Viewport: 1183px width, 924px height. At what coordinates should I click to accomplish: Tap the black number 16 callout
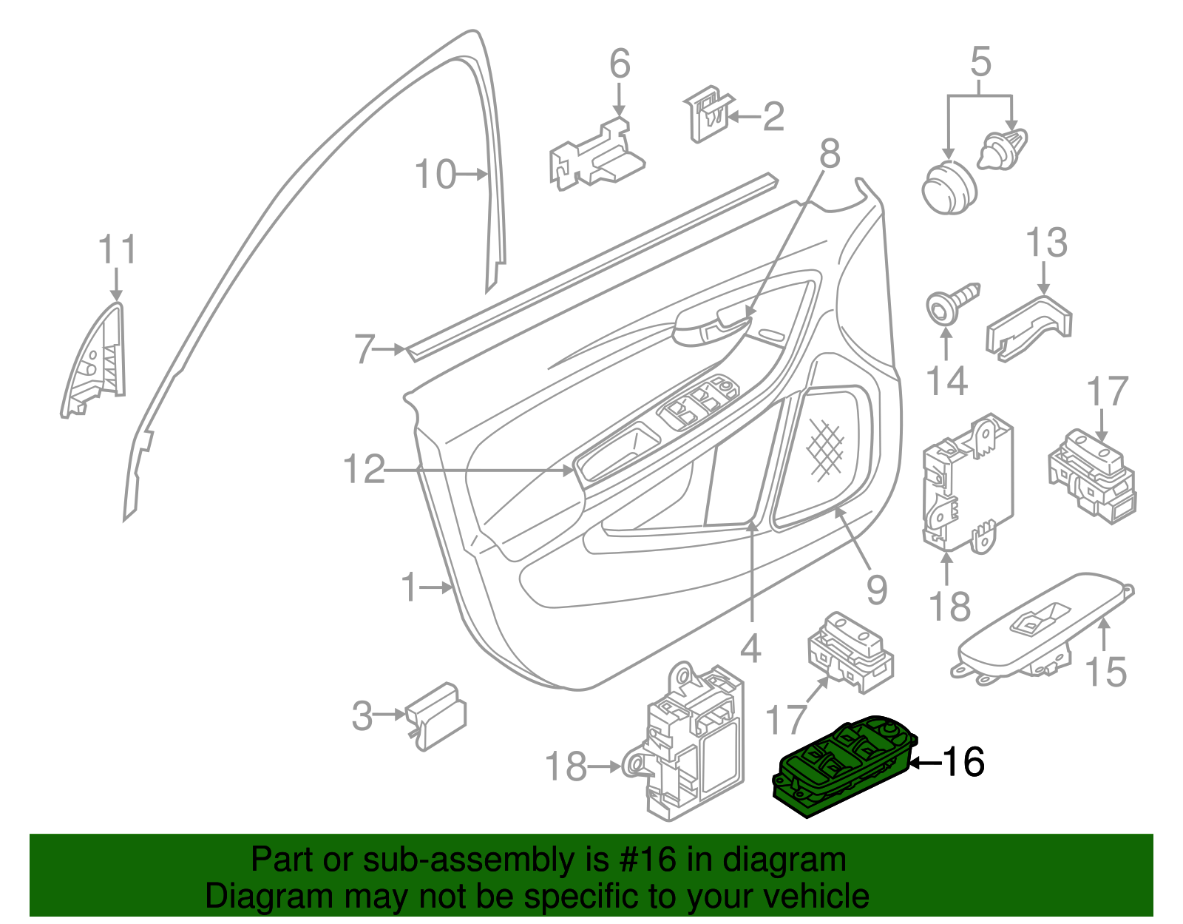963,762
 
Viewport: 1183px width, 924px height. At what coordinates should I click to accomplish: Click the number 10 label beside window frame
435,175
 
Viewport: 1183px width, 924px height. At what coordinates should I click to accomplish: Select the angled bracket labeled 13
1030,328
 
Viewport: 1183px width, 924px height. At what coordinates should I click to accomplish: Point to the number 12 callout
365,469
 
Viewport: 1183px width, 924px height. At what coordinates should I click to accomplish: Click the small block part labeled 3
438,713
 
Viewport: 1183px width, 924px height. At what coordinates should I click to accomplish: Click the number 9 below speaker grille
876,590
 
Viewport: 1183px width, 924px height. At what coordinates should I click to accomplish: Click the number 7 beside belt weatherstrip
365,349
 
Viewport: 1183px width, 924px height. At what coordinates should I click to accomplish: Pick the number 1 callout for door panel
410,587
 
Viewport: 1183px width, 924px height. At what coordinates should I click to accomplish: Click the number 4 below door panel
750,649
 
